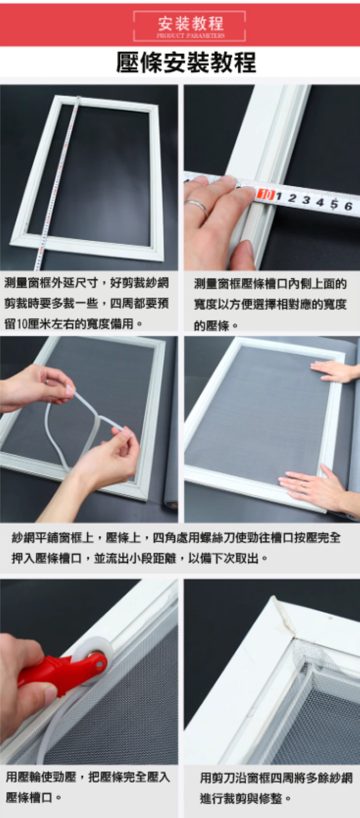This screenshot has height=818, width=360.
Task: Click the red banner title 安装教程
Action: pos(190,23)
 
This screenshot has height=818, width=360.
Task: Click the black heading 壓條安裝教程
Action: pos(186,62)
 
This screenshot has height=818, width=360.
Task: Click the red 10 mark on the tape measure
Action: pos(265,194)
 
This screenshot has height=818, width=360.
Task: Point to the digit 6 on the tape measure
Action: pos(348,206)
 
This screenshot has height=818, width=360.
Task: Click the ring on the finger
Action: pos(197,206)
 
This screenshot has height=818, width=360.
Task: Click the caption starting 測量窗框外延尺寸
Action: pos(86,303)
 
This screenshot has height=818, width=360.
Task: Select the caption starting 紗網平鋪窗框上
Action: pos(176,548)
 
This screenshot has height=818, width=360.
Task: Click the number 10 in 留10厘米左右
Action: pos(22,324)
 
